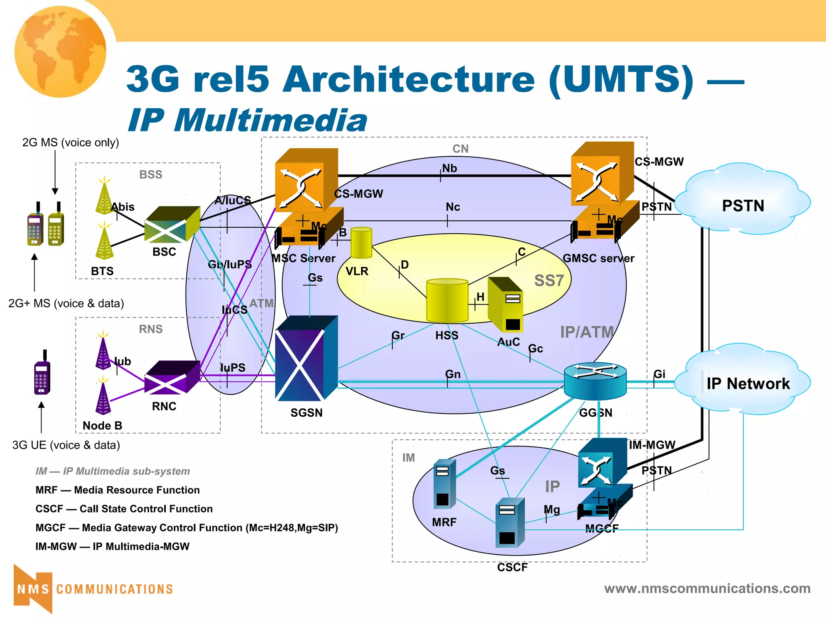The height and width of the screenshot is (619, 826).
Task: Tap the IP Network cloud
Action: [x=743, y=381]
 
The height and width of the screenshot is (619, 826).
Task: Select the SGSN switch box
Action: [x=306, y=359]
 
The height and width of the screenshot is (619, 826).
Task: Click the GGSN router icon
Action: [x=595, y=380]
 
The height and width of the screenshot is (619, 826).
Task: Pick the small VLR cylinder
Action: [x=361, y=243]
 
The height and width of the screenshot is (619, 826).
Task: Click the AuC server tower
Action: [x=505, y=305]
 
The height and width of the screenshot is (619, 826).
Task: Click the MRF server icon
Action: [x=444, y=484]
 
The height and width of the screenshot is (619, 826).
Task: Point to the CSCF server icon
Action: [x=510, y=523]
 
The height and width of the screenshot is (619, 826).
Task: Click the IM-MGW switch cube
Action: [x=602, y=463]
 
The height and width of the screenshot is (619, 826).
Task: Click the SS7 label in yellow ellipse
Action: [x=549, y=280]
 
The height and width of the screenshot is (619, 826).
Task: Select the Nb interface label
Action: [x=449, y=168]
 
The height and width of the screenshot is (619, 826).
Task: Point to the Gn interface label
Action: [x=453, y=374]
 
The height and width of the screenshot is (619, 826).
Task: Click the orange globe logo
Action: [x=60, y=52]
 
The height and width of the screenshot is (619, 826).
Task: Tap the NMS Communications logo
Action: [x=93, y=589]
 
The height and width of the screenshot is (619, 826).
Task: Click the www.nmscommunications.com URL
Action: [x=707, y=588]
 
